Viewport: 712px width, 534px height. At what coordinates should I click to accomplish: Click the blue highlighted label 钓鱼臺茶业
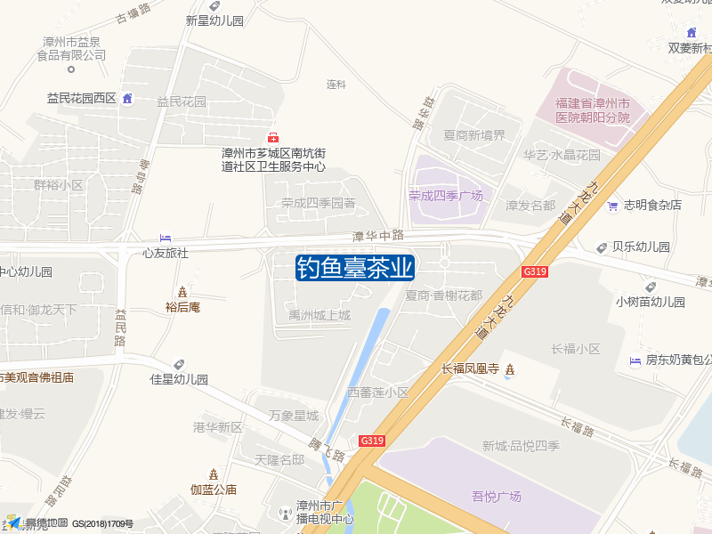(x=355, y=267)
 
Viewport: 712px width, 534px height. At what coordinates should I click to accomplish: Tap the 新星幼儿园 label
(x=214, y=20)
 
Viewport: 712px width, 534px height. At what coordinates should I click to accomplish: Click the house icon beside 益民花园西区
(x=127, y=98)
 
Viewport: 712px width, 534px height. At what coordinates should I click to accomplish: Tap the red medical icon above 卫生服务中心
(x=273, y=136)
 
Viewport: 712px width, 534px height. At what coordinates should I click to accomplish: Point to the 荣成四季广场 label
(x=445, y=196)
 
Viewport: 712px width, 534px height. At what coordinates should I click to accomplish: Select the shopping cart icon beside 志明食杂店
(x=612, y=206)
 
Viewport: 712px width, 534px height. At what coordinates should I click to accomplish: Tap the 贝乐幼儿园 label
(x=641, y=247)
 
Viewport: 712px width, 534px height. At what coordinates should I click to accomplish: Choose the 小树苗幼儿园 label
(x=651, y=302)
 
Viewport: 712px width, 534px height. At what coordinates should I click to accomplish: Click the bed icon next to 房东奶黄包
(x=635, y=360)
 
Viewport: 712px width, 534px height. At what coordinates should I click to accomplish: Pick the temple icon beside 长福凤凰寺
(x=509, y=368)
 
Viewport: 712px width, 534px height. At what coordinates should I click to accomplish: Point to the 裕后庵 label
(x=182, y=308)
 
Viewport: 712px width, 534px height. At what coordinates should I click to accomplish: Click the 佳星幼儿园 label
(x=178, y=379)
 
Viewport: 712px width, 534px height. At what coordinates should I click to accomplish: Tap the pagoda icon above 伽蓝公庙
(x=213, y=473)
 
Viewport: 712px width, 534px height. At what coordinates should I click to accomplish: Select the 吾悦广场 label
(x=496, y=497)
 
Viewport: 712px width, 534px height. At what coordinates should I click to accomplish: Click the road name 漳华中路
(x=378, y=236)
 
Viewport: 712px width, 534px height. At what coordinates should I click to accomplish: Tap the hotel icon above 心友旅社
(x=166, y=238)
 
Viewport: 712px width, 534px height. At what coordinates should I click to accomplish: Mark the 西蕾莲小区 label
(x=377, y=392)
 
